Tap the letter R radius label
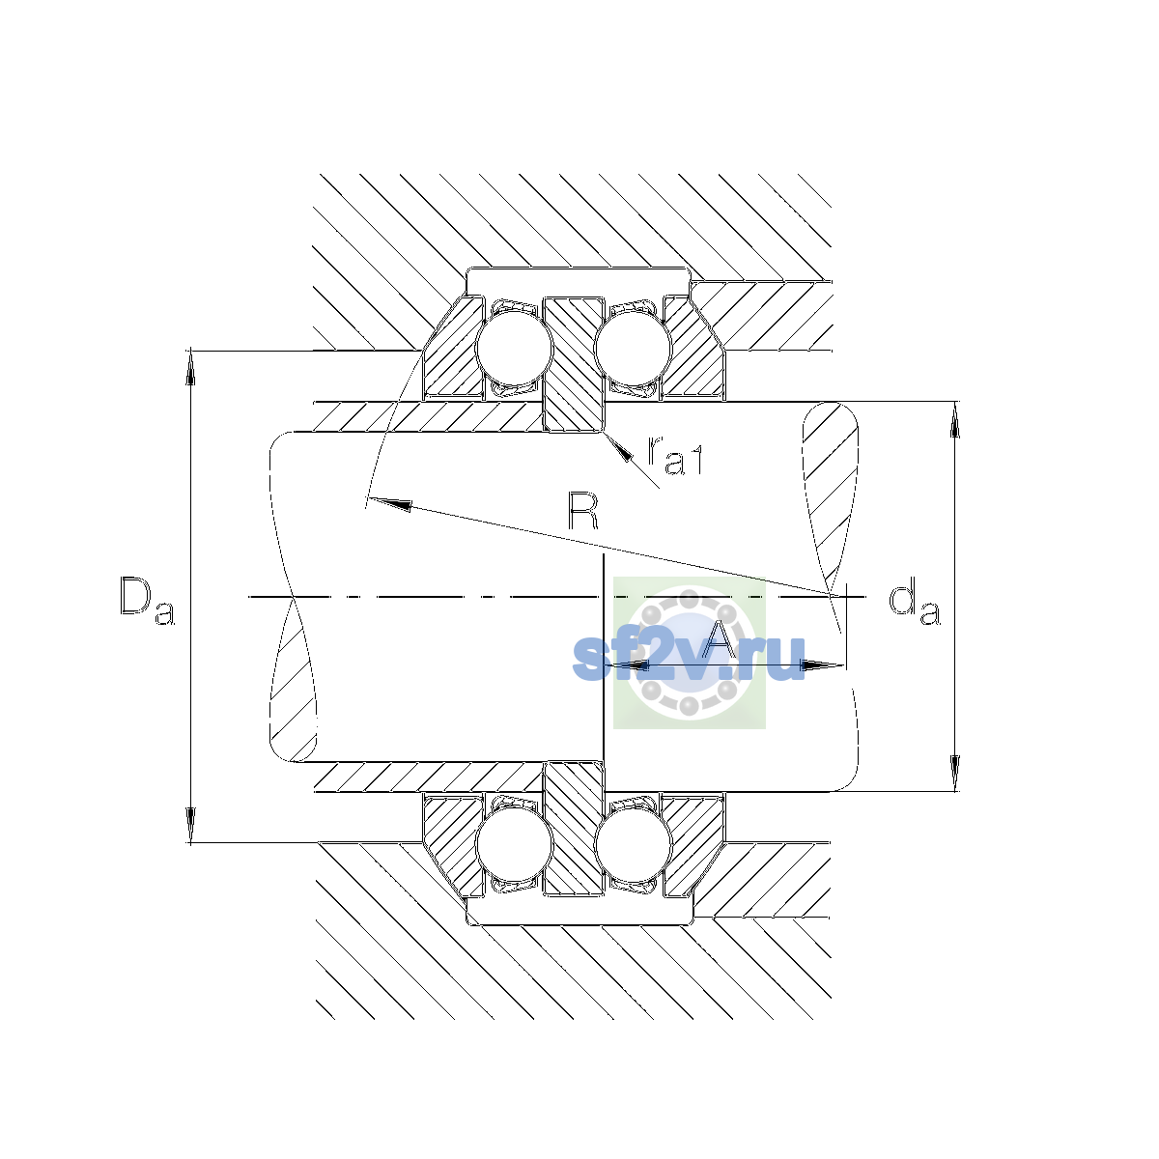pos(583,511)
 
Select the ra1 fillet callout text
pos(675,455)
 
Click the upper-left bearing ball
pos(514,348)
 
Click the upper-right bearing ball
pos(632,348)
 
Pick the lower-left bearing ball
pos(514,844)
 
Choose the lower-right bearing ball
pos(632,844)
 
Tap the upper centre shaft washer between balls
pos(573,364)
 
